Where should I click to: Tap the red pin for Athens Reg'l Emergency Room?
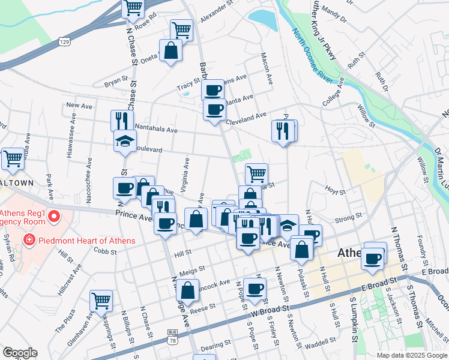(x=55, y=216)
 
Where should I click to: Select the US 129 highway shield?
(x=64, y=41)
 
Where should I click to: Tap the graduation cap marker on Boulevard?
(x=125, y=142)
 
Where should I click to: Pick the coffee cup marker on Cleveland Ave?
(x=214, y=110)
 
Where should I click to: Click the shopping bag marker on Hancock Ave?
(x=188, y=291)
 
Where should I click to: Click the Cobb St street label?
(x=104, y=251)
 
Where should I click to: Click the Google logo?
(x=20, y=353)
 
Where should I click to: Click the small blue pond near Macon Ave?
(x=262, y=20)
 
